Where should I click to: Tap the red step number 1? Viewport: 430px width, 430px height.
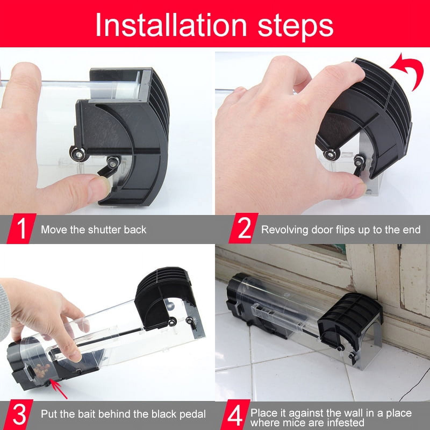21,229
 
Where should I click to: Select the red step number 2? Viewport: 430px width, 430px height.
243,228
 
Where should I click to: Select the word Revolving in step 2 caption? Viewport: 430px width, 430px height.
284,230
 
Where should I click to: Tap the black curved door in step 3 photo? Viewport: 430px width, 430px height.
161,298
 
